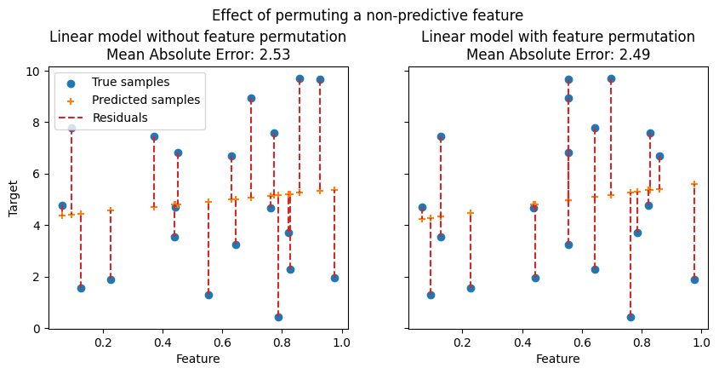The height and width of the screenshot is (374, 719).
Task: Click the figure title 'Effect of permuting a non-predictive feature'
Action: [x=368, y=15]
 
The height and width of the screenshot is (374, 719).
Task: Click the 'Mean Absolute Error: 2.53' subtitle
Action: [x=197, y=54]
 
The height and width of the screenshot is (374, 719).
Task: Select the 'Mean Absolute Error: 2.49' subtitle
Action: [x=557, y=54]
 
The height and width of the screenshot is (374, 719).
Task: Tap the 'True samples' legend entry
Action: [x=130, y=82]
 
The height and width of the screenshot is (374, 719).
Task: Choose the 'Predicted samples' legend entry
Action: [x=146, y=100]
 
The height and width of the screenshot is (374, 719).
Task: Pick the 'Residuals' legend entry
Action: [x=120, y=118]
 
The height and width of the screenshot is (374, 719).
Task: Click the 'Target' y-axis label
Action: [x=14, y=197]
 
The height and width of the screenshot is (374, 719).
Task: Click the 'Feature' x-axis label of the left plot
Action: [x=198, y=359]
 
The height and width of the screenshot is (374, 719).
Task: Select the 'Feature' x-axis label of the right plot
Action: [x=558, y=359]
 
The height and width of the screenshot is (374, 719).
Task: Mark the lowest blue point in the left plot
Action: [x=278, y=317]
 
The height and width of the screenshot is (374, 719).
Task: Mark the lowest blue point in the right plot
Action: [x=631, y=317]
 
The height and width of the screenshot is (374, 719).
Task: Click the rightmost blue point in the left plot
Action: [x=334, y=278]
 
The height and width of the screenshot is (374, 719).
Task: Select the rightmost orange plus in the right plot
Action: [x=694, y=184]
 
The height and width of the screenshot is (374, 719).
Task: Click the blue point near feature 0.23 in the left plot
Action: [x=111, y=279]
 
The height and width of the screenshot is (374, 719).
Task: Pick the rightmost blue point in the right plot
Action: [x=694, y=279]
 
